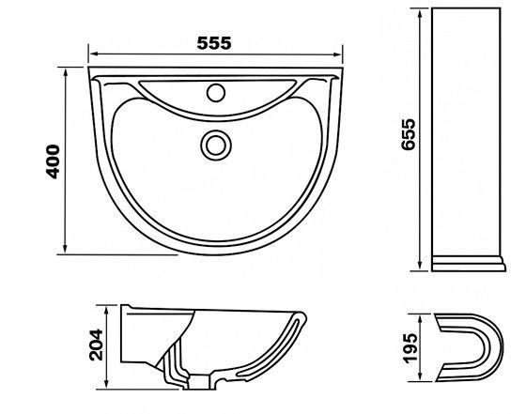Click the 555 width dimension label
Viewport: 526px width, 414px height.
[x=214, y=43]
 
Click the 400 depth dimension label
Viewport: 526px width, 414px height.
[x=53, y=161]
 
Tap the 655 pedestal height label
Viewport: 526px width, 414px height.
[x=409, y=134]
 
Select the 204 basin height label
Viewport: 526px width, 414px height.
[x=96, y=345]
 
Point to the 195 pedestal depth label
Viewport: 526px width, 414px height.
[x=411, y=348]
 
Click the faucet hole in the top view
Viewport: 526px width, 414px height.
[x=216, y=93]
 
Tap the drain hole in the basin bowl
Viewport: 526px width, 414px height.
[x=216, y=146]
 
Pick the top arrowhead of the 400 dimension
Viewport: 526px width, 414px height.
[x=65, y=72]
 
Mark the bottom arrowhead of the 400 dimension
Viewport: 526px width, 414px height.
[x=65, y=248]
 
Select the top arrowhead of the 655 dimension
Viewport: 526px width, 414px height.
[x=420, y=14]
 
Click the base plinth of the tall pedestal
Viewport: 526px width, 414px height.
[x=469, y=264]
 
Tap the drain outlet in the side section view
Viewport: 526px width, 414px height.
[x=200, y=382]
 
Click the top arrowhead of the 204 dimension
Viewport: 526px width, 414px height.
[x=106, y=311]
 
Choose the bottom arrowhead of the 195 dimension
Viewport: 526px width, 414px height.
[x=421, y=376]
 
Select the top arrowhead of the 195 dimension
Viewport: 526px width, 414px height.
[x=421, y=319]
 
